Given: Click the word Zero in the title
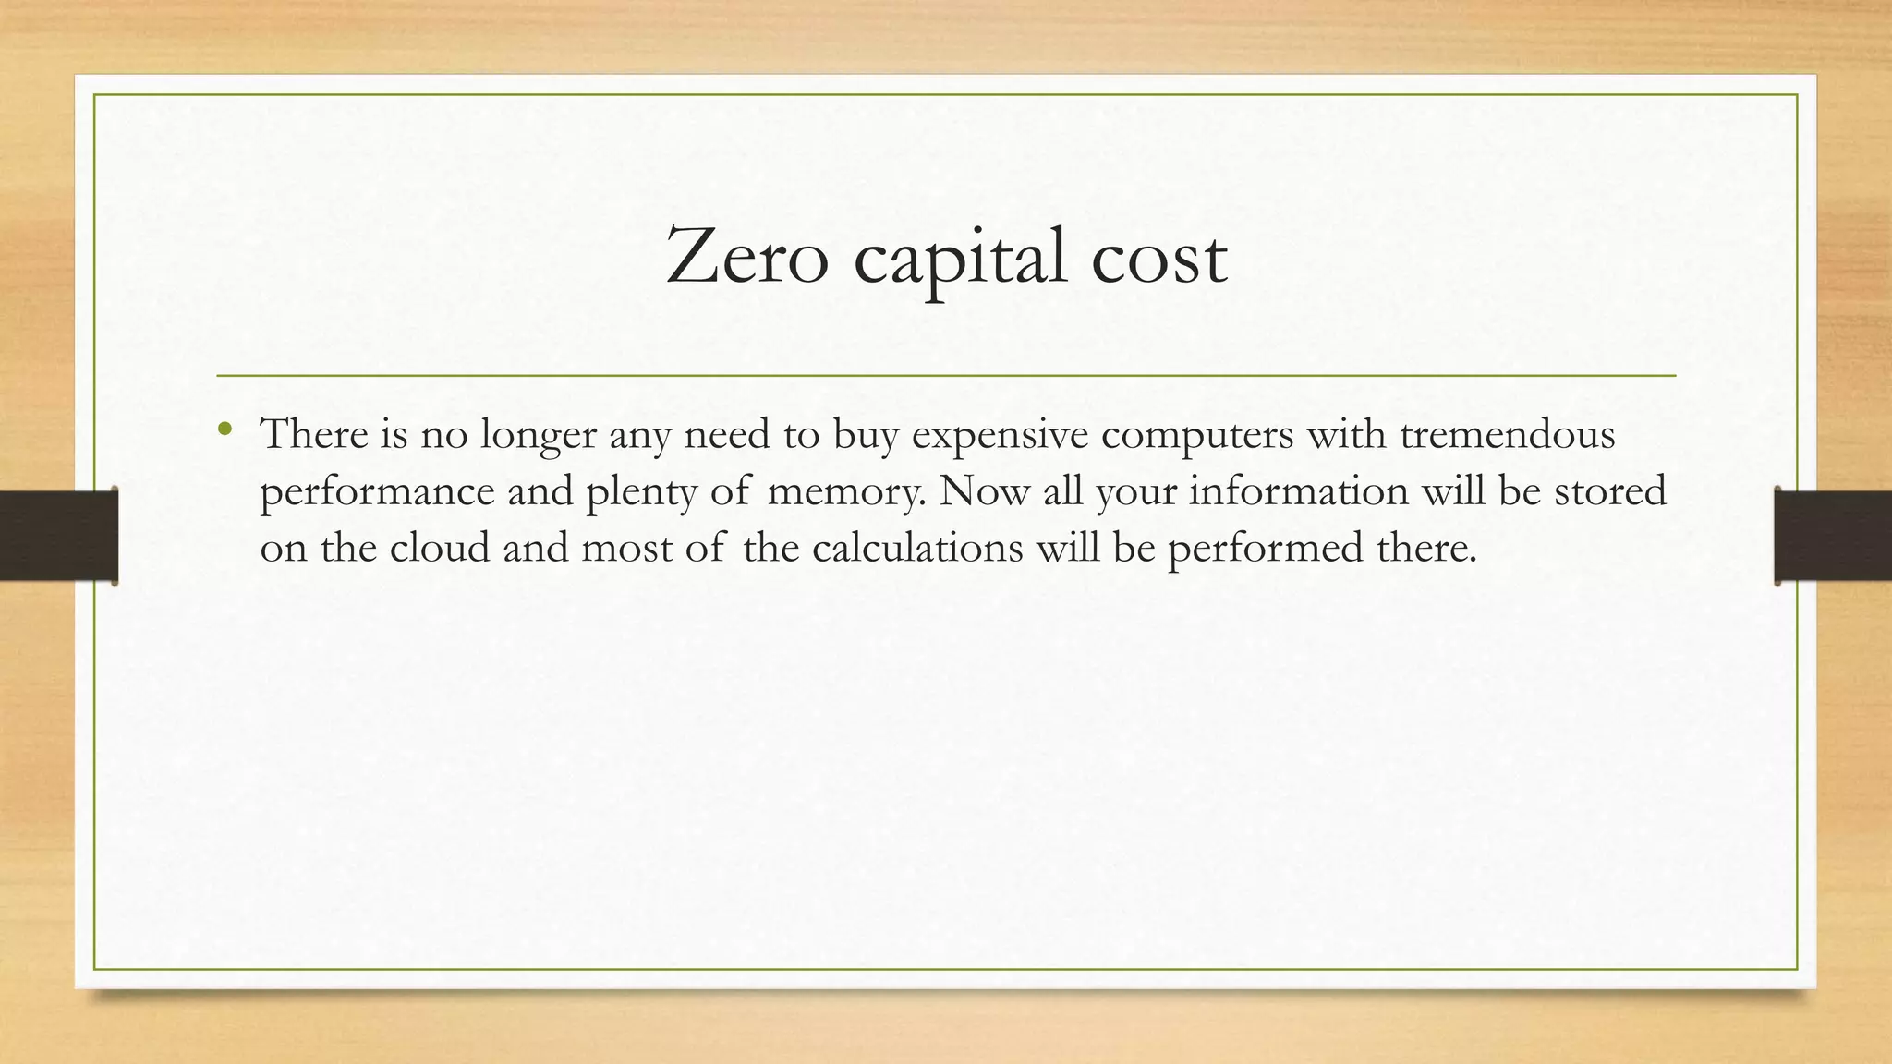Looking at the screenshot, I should point(746,257).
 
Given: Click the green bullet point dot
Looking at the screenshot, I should point(224,429).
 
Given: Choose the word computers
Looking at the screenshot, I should point(1196,435).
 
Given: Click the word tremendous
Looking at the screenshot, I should point(1507,433).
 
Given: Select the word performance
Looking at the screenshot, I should point(377,492).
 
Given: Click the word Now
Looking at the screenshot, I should point(984,490).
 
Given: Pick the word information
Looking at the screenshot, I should point(1298,490).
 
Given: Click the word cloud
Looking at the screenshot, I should point(440,548).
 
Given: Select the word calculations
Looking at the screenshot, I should point(917,548).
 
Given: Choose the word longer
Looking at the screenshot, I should point(538,435).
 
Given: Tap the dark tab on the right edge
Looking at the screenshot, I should point(1833,536).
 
